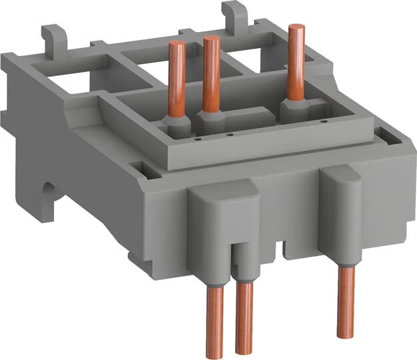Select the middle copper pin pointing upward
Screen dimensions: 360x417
212,73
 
